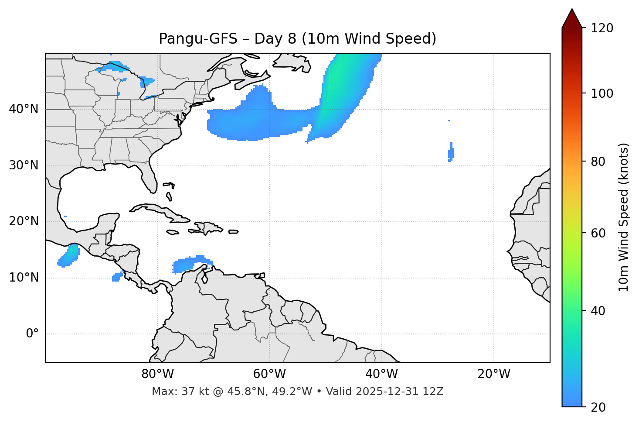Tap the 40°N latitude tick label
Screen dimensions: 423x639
(x=24, y=109)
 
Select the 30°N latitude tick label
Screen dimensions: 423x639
(x=24, y=165)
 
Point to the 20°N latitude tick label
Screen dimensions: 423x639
(x=24, y=221)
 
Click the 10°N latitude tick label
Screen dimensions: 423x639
(x=24, y=278)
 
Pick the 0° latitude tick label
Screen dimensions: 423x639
(x=32, y=334)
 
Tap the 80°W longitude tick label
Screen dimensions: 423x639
(x=157, y=374)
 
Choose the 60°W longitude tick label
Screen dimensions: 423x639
(x=269, y=374)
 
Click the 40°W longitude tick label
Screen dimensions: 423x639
(x=381, y=374)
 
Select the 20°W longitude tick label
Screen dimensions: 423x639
(x=493, y=374)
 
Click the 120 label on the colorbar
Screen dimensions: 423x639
(x=602, y=28)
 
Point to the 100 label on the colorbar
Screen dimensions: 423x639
(x=602, y=93)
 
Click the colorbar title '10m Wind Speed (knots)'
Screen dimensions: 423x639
(x=624, y=217)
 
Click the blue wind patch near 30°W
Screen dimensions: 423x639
(x=451, y=153)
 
